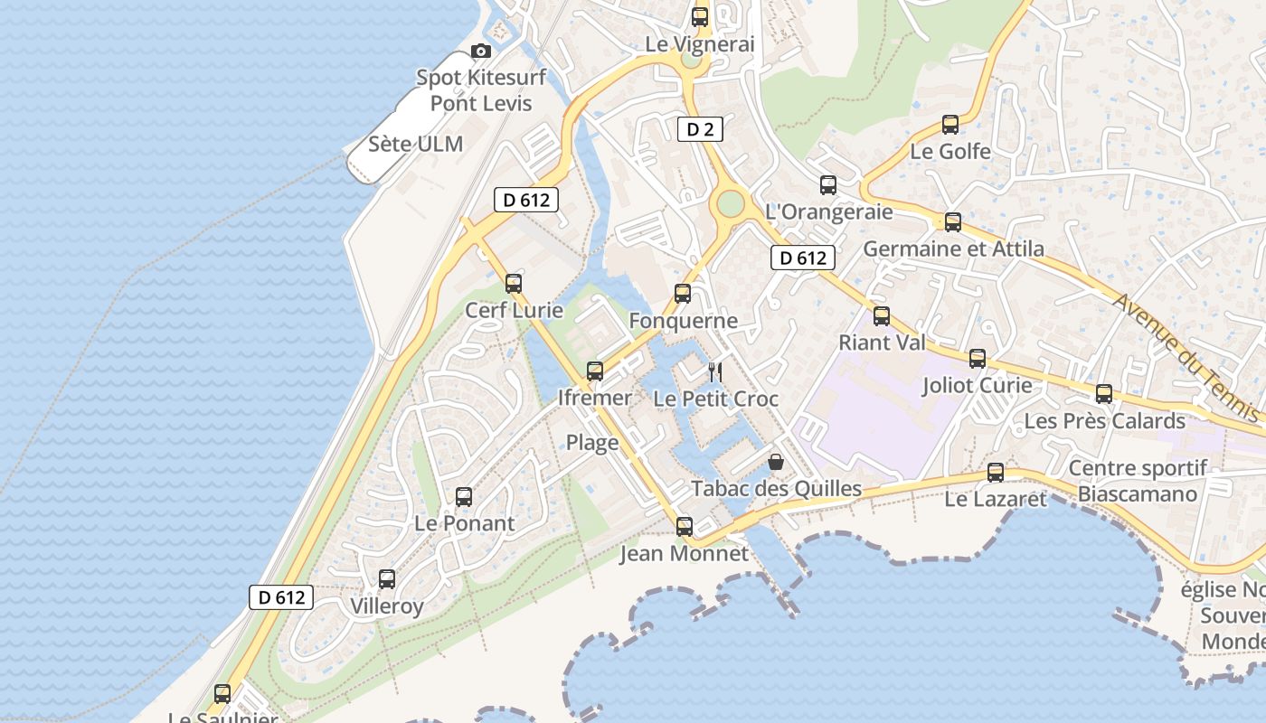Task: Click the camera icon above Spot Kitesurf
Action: tap(481, 51)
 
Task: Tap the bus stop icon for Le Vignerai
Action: tap(699, 16)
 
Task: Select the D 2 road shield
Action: tap(700, 129)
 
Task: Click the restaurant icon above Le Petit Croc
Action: tap(714, 371)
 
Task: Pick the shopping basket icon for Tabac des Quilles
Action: tap(776, 462)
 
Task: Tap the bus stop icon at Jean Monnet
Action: tap(685, 526)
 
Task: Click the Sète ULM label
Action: tap(416, 144)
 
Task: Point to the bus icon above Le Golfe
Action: tap(950, 125)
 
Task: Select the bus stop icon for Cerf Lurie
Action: tap(514, 283)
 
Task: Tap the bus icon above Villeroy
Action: tap(387, 579)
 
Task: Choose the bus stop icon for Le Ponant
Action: tap(464, 496)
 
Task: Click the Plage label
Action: tap(592, 443)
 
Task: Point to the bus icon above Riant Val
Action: tap(882, 316)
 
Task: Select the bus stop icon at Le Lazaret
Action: tap(996, 472)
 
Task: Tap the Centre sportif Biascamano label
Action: tap(1138, 481)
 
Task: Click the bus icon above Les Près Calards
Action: tap(1104, 394)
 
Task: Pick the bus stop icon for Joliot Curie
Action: tap(978, 359)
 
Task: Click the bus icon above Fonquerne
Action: tap(683, 294)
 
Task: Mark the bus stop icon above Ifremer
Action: tap(595, 371)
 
